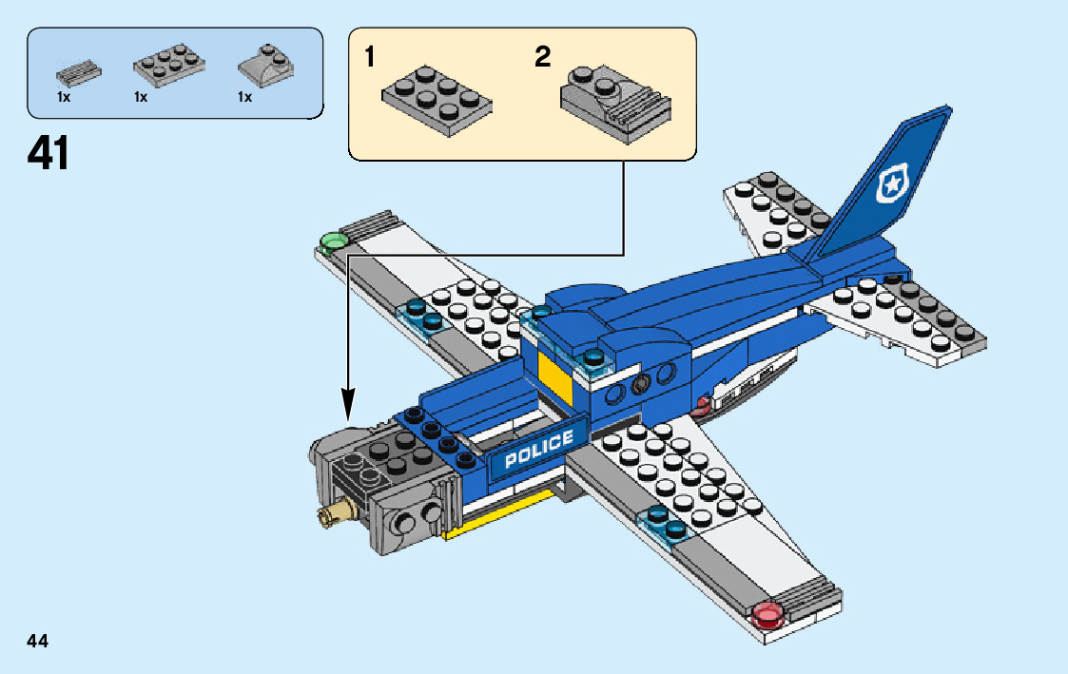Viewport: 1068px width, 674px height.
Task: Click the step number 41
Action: pos(49,153)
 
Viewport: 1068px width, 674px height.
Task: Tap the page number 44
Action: pos(38,641)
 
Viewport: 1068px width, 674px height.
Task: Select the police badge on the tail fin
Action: pos(891,184)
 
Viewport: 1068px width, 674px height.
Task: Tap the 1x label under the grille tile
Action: pos(63,98)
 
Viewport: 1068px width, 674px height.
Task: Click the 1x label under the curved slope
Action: pos(244,98)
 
